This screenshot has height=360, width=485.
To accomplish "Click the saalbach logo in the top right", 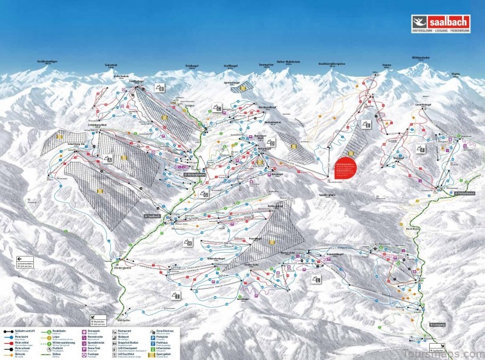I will click(x=442, y=22).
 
